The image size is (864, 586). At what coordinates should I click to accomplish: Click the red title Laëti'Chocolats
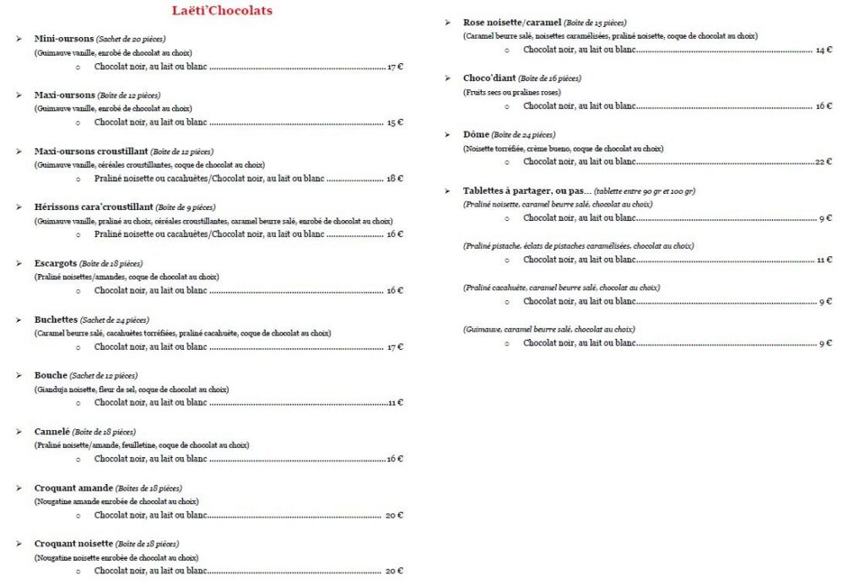click(222, 11)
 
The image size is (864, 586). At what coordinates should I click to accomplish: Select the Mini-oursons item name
click(64, 39)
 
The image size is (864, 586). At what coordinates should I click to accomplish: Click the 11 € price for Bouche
click(395, 403)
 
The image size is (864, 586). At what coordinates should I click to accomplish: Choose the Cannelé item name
click(51, 432)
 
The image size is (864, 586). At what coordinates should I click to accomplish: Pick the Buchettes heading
click(56, 320)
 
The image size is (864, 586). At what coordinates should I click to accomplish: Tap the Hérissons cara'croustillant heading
click(94, 207)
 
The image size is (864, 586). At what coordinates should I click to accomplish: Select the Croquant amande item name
click(73, 488)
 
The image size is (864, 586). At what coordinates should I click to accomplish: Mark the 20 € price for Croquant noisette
click(394, 572)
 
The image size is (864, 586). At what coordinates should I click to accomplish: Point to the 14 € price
click(823, 51)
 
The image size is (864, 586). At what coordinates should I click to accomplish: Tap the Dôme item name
click(476, 134)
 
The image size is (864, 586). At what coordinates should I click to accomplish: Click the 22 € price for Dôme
click(823, 162)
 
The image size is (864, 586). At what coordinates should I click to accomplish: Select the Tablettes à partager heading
click(523, 191)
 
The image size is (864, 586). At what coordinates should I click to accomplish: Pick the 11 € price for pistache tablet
click(824, 260)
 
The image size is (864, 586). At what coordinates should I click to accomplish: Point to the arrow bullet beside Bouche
click(19, 376)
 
